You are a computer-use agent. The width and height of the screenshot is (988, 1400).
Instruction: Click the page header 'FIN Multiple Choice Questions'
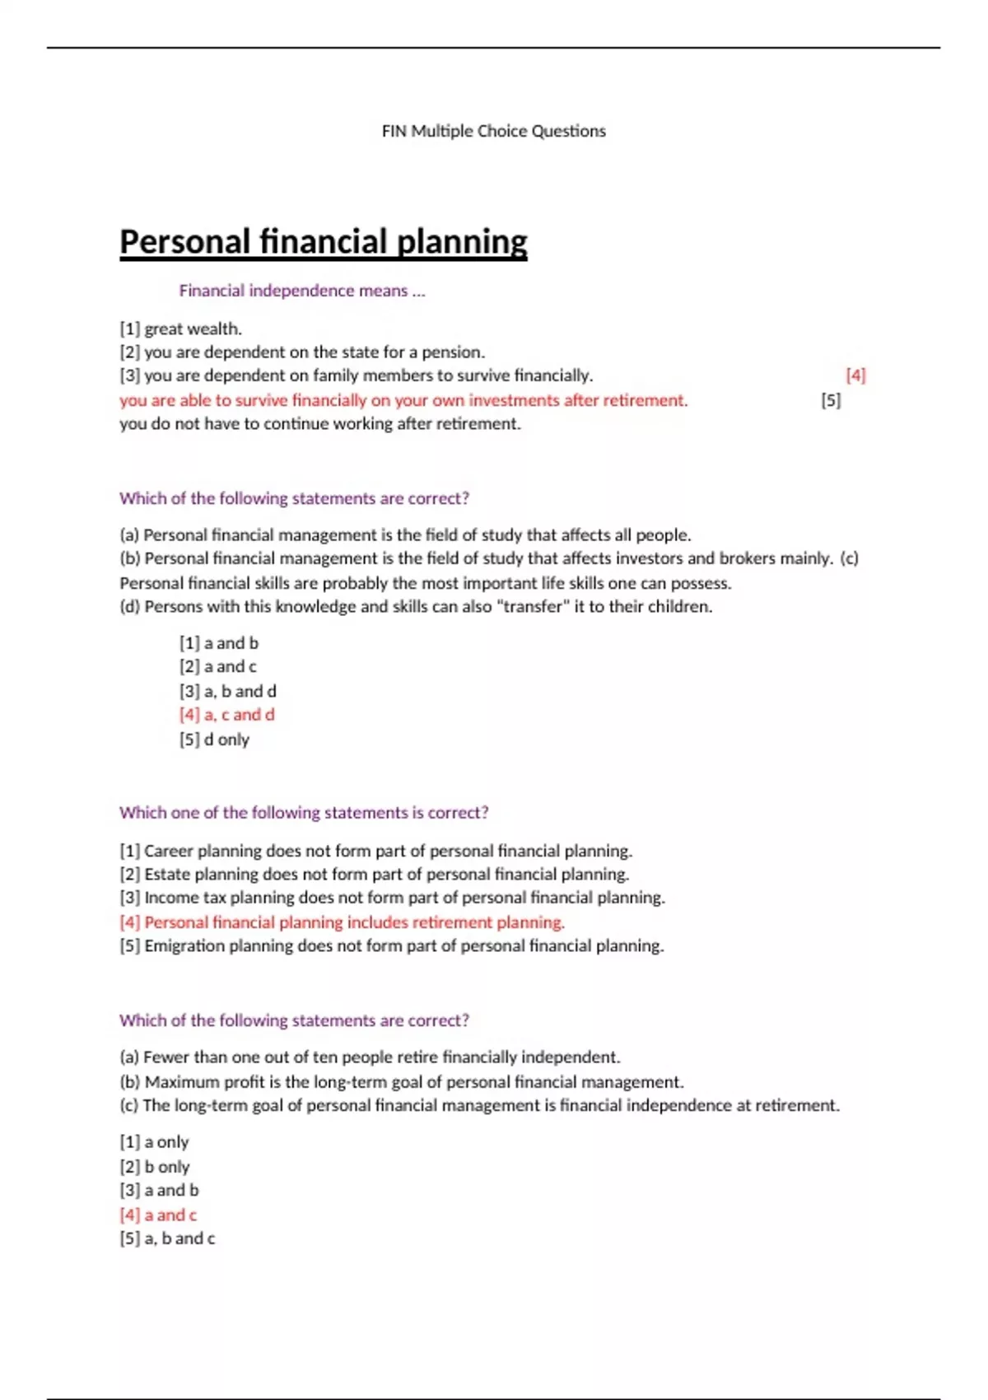493,131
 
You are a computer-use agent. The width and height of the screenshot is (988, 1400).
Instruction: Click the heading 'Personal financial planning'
323,242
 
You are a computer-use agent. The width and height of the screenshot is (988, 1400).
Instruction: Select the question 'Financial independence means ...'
301,291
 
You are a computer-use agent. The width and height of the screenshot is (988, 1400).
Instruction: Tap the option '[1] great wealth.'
180,329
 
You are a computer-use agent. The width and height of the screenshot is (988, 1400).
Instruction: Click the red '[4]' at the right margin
855,376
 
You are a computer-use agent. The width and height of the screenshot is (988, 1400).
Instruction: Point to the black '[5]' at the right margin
831,400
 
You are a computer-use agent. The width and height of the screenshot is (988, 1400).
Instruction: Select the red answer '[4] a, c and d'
226,715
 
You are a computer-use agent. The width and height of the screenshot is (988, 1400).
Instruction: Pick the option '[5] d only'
214,740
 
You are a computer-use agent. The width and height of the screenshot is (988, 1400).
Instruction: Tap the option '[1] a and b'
218,643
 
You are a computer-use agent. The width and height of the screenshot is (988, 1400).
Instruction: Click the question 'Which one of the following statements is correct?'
303,813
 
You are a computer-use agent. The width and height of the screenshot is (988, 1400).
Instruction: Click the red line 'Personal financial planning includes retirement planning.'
354,922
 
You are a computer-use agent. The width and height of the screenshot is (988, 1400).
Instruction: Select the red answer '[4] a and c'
158,1215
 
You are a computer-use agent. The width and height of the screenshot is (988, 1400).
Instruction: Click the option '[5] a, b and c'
167,1239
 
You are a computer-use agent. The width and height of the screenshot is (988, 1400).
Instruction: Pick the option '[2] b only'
154,1167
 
